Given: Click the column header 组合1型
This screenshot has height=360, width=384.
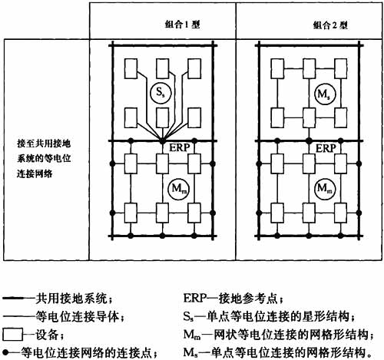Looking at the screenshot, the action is click(183, 25).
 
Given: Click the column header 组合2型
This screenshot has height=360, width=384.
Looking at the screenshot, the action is click(330, 25).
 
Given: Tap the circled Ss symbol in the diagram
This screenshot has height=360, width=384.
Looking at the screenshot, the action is click(161, 92).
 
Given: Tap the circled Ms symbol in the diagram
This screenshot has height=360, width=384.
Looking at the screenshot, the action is click(325, 95).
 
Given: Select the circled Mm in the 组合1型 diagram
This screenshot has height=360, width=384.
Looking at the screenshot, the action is click(179, 189).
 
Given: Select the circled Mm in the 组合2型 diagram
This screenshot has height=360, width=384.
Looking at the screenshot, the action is click(325, 189).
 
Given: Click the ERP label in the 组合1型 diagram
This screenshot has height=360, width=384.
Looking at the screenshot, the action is click(180, 147).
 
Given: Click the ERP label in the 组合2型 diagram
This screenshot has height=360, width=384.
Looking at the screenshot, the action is click(326, 148).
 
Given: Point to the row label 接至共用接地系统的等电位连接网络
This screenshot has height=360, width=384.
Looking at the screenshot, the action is click(44, 159).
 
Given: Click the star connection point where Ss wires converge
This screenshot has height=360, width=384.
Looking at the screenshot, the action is click(162, 140).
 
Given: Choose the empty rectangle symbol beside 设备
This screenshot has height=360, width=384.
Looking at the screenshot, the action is click(12, 335).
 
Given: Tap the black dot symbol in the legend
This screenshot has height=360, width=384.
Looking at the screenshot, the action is click(6, 353).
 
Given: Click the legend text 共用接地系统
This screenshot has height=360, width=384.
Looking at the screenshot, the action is click(74, 299).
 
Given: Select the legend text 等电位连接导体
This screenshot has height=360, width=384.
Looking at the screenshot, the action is click(80, 317).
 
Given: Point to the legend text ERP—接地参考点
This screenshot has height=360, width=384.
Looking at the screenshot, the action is click(233, 299).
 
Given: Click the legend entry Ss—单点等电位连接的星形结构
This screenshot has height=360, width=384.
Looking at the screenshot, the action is click(270, 317).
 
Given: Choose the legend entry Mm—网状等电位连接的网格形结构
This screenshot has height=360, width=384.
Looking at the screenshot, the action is click(279, 335).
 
